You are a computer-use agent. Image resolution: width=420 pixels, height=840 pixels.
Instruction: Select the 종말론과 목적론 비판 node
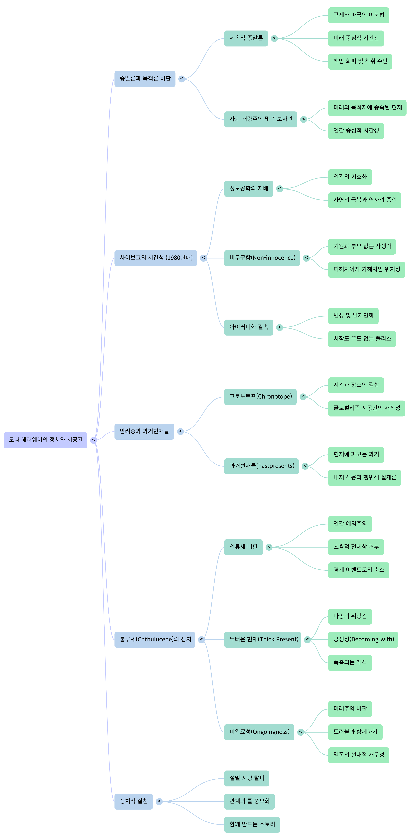tap(145, 79)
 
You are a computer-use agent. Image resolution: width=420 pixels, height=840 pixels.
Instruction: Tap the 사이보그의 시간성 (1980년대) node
tap(156, 258)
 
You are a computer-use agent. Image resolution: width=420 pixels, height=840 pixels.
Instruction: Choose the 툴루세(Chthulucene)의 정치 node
tap(155, 639)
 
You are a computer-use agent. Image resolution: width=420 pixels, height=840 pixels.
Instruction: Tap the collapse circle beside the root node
tap(94, 440)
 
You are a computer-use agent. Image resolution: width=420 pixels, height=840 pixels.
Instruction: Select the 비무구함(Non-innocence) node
tap(262, 258)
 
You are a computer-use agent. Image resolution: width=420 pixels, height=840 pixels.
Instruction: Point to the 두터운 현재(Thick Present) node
tap(263, 639)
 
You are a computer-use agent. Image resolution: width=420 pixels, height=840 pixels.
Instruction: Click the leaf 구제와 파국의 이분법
tap(359, 15)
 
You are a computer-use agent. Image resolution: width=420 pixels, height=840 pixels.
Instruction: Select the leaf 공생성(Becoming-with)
tap(363, 639)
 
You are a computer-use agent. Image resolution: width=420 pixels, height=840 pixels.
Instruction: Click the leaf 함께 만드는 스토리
tap(252, 824)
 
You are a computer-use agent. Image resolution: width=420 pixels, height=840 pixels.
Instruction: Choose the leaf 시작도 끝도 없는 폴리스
tap(362, 339)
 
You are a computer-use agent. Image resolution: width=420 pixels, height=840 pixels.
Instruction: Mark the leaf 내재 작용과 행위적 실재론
tap(365, 477)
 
